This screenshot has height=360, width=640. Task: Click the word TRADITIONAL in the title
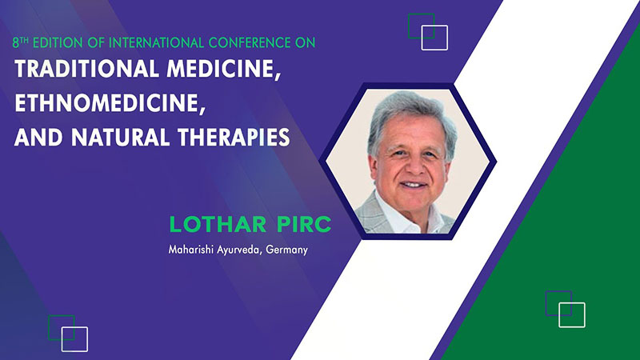[86, 69]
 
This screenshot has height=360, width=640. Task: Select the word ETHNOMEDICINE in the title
[110, 103]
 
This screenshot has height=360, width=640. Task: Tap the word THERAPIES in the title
[234, 137]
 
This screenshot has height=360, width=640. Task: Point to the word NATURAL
[121, 137]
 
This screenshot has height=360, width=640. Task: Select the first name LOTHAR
[218, 225]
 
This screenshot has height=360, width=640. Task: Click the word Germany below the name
[287, 250]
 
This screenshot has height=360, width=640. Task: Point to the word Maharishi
[191, 249]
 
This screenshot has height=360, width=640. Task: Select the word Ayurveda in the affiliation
[239, 250]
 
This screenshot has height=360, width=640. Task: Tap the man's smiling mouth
[413, 185]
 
